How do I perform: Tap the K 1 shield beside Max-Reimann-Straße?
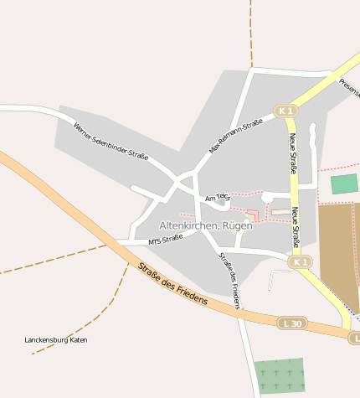(285, 111)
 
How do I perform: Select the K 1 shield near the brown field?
(301, 262)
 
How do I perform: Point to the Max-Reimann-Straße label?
(235, 135)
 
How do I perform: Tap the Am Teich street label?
(216, 196)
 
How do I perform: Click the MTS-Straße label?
(165, 241)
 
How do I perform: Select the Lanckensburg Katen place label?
(56, 340)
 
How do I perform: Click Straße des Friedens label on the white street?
(229, 280)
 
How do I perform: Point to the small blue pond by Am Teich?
(221, 201)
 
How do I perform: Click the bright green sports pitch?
(343, 184)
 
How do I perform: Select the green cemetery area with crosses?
(279, 375)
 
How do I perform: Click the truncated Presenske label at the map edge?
(349, 85)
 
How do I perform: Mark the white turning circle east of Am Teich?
(268, 198)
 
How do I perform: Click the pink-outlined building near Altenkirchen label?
(251, 216)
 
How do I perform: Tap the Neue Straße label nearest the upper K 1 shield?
(294, 152)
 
